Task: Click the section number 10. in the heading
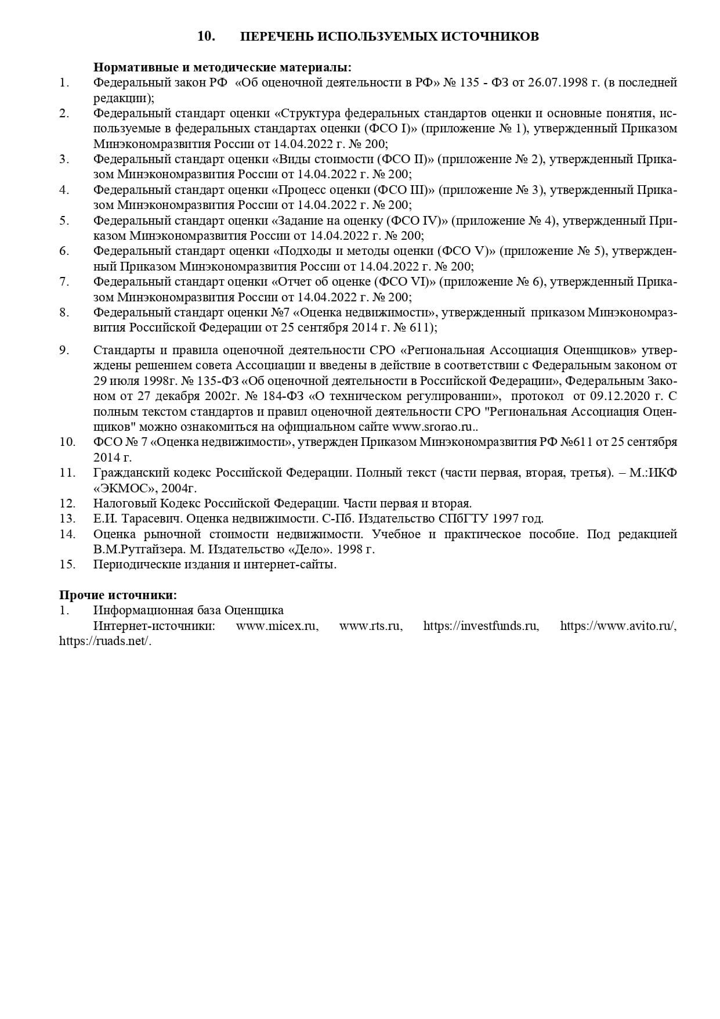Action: point(206,36)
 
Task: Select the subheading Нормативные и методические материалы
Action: point(222,67)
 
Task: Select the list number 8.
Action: point(64,313)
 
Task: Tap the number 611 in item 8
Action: point(421,328)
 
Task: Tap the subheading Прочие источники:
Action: point(118,595)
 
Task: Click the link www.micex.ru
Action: point(277,626)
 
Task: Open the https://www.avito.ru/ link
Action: point(618,626)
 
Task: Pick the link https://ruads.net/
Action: point(105,642)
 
